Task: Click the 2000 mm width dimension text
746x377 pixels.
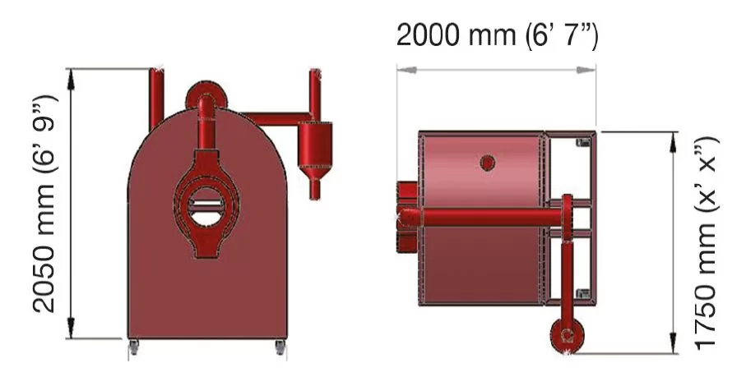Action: pos(497,36)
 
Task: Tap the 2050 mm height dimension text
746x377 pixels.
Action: pos(44,205)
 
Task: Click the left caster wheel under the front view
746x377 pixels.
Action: pos(134,347)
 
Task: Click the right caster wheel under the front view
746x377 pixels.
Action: pos(280,347)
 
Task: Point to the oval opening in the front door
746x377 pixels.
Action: pos(206,206)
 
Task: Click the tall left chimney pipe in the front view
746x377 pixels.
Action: pos(156,99)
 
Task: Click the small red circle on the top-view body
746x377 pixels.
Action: pos(487,163)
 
